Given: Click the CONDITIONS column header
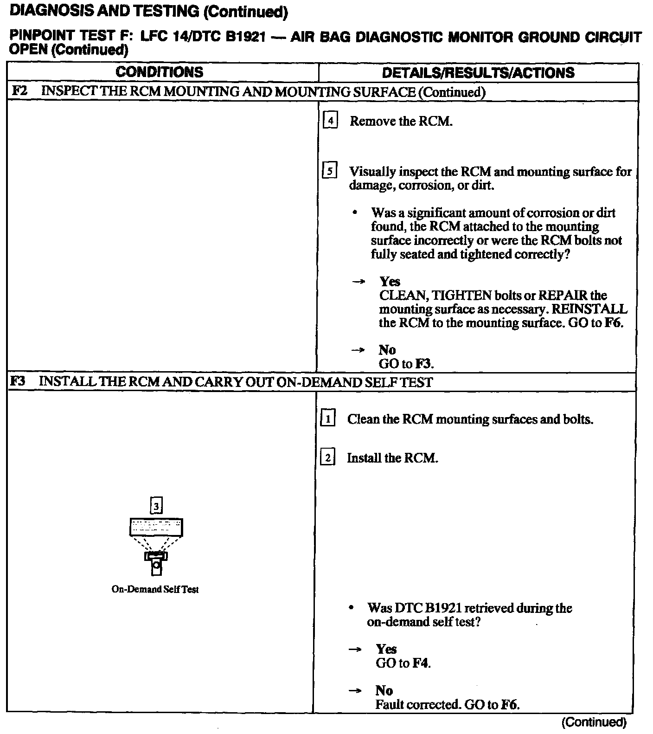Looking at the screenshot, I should [x=159, y=72].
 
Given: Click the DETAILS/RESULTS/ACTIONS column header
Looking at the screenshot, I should [x=478, y=72].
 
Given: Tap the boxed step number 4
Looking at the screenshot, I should [x=330, y=121].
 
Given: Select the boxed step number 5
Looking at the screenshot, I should [x=329, y=171].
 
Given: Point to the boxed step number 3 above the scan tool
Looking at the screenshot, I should [x=157, y=505].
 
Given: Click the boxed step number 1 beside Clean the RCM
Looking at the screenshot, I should [x=328, y=419].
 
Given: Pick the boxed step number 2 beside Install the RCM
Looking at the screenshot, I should [x=327, y=458].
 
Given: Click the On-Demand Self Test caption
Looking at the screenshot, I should [x=155, y=589].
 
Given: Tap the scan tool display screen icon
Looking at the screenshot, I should [x=155, y=527].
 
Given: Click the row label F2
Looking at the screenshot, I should [x=19, y=91].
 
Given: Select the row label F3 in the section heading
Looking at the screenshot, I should [x=18, y=382].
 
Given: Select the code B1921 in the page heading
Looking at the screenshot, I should [x=245, y=37].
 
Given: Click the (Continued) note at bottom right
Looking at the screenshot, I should [x=594, y=722].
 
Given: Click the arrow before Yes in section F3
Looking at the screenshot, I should [x=355, y=650].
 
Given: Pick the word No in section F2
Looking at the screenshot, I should [x=387, y=350].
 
